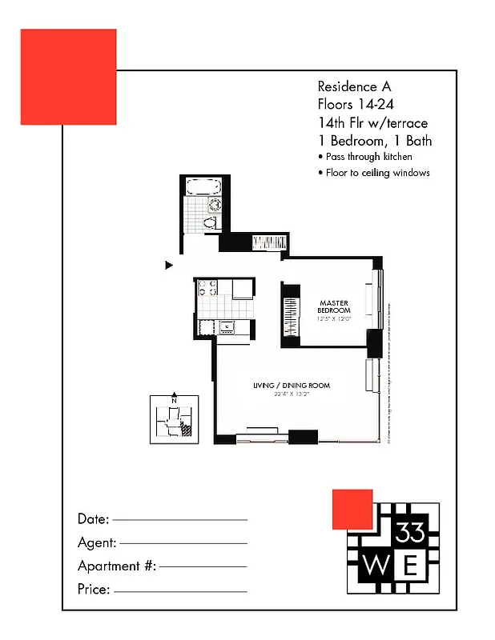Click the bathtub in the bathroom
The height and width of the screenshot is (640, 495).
[203, 187]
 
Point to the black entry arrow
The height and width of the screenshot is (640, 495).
[169, 265]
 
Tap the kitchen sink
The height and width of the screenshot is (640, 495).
[227, 326]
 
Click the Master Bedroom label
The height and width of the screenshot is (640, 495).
[334, 306]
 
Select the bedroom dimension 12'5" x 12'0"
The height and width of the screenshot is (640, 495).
[334, 319]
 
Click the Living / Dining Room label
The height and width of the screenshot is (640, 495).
[291, 386]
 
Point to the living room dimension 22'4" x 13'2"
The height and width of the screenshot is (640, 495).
[291, 394]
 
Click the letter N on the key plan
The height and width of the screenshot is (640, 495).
[174, 402]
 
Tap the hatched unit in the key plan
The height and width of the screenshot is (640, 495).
[187, 429]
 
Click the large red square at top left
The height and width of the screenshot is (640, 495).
[68, 77]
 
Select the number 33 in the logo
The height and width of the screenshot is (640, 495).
[411, 531]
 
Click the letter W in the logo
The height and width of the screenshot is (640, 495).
[375, 566]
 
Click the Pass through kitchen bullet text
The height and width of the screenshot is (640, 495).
[368, 157]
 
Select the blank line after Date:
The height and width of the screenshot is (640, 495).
[179, 520]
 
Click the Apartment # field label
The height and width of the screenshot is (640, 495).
[116, 566]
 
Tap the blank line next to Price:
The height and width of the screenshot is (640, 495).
[180, 592]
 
